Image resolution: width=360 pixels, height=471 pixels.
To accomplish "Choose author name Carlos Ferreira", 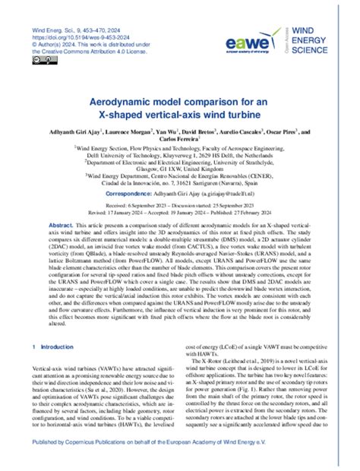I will pos(179,141).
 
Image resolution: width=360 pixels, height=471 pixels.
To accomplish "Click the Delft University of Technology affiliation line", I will pos(179,156).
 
